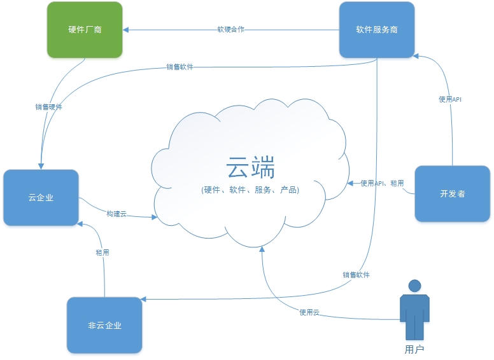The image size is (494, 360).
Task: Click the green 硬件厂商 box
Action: point(85,30)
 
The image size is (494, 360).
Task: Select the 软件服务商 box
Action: point(377,30)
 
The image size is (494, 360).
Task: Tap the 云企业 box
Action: point(41,197)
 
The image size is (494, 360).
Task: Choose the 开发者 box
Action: point(452,193)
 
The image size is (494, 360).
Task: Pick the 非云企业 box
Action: point(104,325)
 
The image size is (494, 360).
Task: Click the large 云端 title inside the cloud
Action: point(250,169)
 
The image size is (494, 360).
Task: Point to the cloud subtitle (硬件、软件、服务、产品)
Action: point(250,190)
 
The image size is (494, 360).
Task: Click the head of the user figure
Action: point(415,286)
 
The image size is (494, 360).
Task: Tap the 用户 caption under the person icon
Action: point(414,349)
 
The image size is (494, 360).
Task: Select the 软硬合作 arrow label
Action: point(230,29)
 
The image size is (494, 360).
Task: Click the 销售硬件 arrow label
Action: point(48,107)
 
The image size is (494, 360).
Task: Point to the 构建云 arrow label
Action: point(116,214)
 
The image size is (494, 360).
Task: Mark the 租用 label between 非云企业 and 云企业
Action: point(102,253)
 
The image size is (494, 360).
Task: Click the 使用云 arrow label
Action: point(309,312)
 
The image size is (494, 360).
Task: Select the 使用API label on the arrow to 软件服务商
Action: point(450,99)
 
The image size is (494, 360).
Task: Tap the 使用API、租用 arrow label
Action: point(382,183)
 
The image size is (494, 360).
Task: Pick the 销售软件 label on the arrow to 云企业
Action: point(180,66)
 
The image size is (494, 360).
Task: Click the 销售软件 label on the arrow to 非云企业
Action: point(356,275)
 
